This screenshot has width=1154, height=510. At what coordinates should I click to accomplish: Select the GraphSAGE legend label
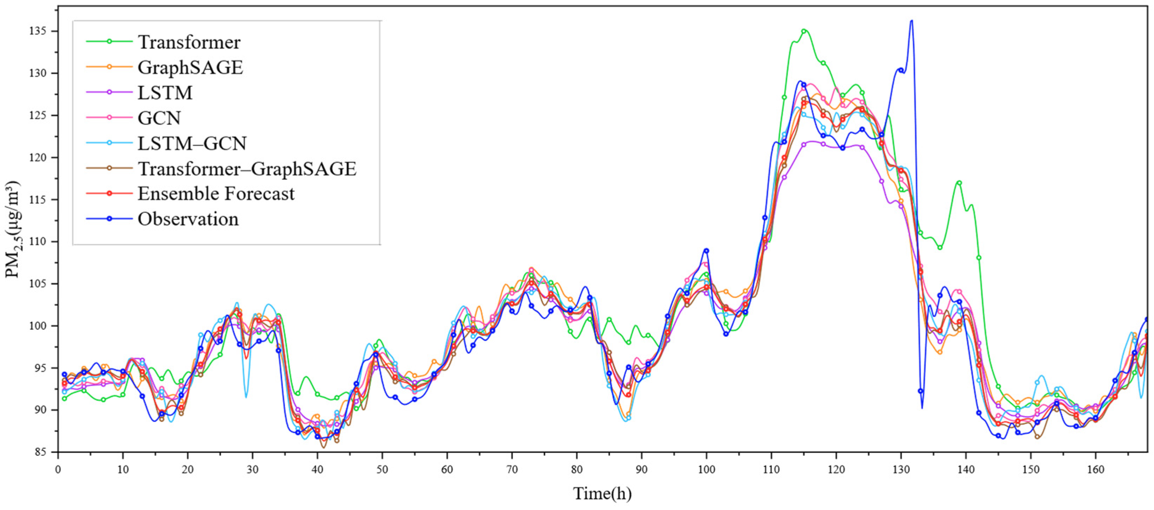click(190, 67)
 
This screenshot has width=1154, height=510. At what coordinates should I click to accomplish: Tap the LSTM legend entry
click(165, 93)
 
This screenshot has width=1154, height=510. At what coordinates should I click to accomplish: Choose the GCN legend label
click(159, 118)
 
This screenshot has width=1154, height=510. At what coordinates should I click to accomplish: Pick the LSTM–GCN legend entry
click(192, 144)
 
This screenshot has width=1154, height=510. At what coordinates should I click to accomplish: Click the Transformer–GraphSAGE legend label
click(247, 169)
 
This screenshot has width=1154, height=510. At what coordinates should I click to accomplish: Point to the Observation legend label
click(188, 219)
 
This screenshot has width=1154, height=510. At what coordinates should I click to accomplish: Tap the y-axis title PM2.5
click(13, 229)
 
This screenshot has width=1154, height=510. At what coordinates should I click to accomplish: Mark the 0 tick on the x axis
click(58, 470)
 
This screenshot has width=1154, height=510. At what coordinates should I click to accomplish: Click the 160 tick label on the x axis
click(1095, 470)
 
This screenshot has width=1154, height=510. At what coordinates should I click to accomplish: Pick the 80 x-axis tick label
click(577, 470)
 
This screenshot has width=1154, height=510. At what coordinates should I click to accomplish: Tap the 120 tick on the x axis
click(836, 470)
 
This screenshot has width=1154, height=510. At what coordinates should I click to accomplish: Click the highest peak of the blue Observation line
click(911, 21)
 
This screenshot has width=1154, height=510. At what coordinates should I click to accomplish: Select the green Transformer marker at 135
click(804, 31)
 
